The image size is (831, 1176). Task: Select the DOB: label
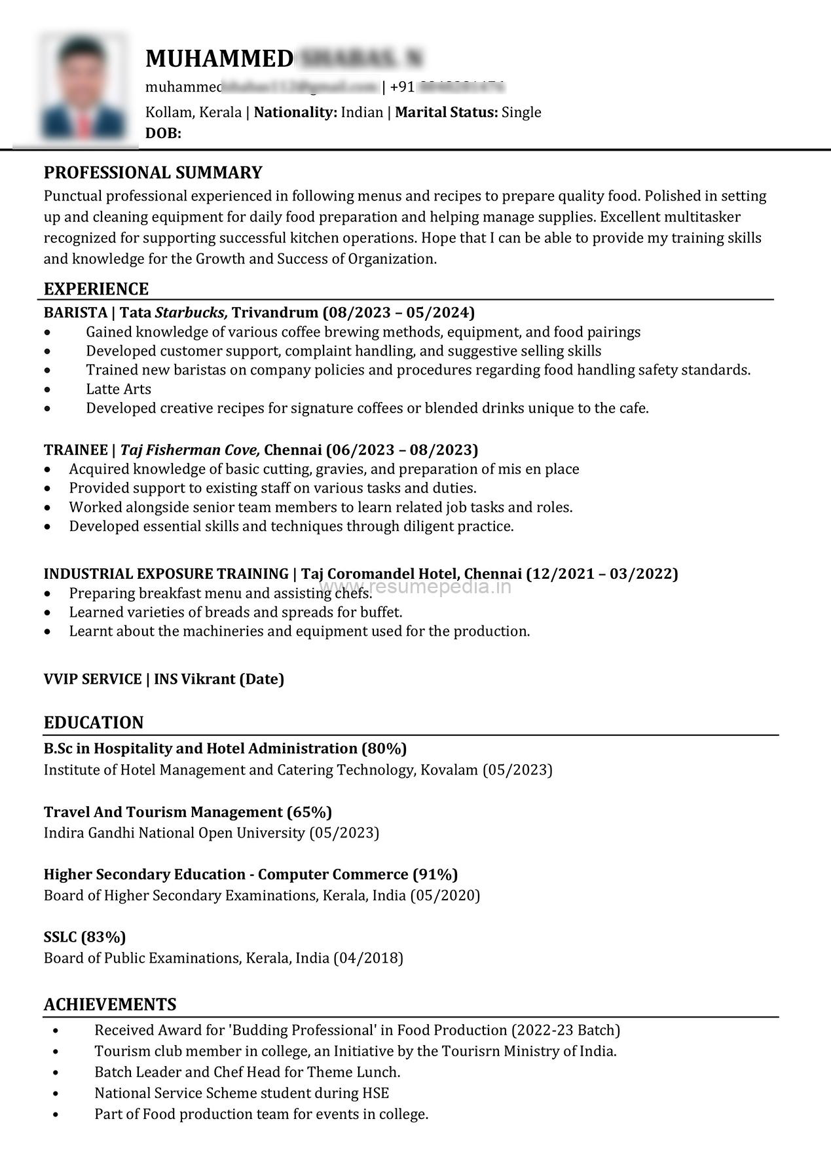pos(163,134)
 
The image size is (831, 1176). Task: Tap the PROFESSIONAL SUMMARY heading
pos(153,173)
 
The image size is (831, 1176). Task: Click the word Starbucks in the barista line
pos(191,312)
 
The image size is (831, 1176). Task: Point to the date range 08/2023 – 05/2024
pos(399,312)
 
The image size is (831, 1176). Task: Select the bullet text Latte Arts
pos(119,389)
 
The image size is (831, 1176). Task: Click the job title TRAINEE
pos(75,450)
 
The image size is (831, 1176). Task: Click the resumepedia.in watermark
pos(416,587)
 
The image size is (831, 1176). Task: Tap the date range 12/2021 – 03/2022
pos(602,574)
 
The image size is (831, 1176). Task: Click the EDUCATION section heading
pos(94,723)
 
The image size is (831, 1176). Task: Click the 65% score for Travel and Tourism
pos(310,812)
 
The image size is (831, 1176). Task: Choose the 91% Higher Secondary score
pos(435,874)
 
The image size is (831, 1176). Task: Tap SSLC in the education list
pos(60,937)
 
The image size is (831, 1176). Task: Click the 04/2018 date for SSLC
pos(368,958)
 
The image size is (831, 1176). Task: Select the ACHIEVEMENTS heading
pos(110,1004)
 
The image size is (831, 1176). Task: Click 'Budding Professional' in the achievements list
pos(302,1030)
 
